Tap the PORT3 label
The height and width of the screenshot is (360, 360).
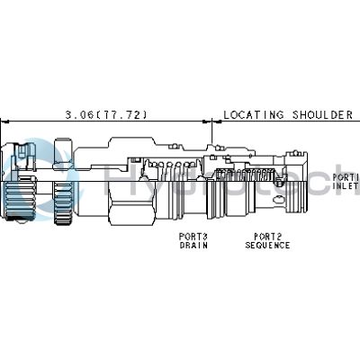193,236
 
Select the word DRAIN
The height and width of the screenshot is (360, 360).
193,245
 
